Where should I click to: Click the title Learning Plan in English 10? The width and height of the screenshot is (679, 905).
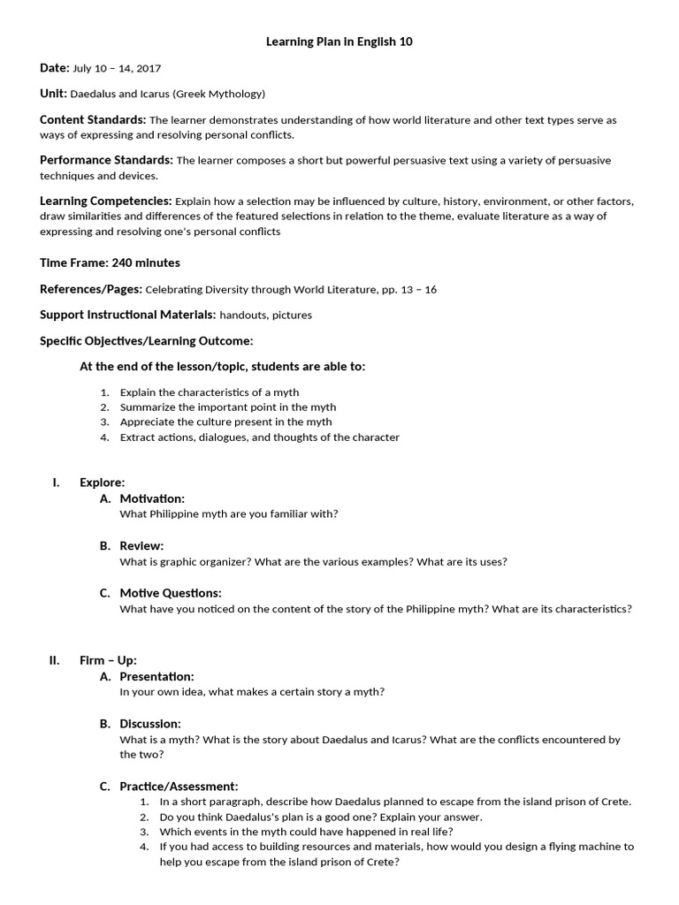click(x=339, y=41)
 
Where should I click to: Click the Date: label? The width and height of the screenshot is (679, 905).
click(x=55, y=67)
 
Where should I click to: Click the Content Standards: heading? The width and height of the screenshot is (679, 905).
click(x=93, y=119)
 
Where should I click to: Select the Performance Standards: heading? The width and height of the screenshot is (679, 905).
click(x=106, y=160)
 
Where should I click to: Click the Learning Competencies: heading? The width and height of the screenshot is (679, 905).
click(x=105, y=201)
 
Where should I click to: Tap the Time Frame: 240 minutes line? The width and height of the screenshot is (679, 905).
click(x=111, y=262)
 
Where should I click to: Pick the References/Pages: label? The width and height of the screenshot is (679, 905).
click(x=90, y=289)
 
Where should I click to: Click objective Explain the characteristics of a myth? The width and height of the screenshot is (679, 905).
click(x=210, y=392)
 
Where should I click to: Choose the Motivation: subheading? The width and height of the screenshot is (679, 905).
click(x=152, y=498)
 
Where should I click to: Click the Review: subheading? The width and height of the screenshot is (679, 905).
click(x=141, y=545)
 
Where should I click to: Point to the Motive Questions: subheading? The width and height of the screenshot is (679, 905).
click(x=171, y=592)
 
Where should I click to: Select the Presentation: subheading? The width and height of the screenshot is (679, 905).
click(x=156, y=676)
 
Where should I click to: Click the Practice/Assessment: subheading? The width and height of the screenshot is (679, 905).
click(x=179, y=786)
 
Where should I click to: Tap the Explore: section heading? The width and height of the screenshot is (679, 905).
click(x=102, y=482)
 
